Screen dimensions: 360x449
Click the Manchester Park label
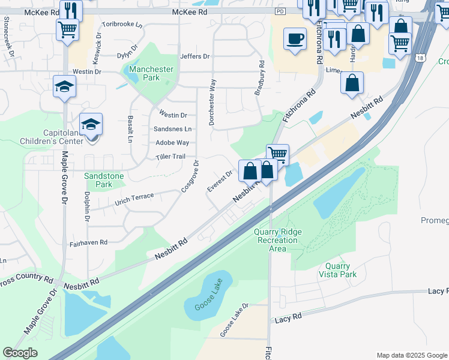click(x=151, y=73)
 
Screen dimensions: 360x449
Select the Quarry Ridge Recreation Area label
click(x=277, y=240)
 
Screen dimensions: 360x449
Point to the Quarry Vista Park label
click(x=341, y=270)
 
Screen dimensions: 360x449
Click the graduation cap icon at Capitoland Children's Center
click(x=91, y=124)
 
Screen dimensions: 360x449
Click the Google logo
click(x=20, y=353)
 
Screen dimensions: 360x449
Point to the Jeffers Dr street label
click(x=195, y=56)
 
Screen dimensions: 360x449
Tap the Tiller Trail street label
click(x=171, y=157)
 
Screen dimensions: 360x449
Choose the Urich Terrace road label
click(x=135, y=199)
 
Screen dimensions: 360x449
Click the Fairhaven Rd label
click(x=88, y=243)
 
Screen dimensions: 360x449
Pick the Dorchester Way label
click(x=212, y=102)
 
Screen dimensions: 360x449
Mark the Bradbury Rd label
click(x=259, y=77)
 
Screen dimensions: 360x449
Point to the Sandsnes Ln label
click(x=173, y=129)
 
